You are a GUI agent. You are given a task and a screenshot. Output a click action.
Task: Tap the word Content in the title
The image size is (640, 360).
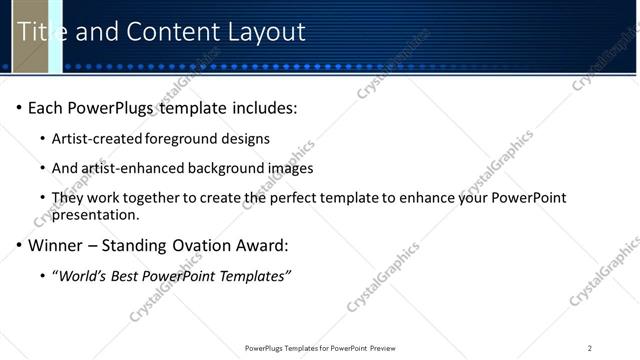click(x=172, y=32)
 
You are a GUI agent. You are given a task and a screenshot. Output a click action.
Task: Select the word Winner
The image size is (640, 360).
click(x=55, y=245)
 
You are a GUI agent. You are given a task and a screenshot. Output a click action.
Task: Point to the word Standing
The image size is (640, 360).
click(x=137, y=245)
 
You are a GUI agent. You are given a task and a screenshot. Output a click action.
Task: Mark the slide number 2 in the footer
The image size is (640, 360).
click(x=589, y=348)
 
